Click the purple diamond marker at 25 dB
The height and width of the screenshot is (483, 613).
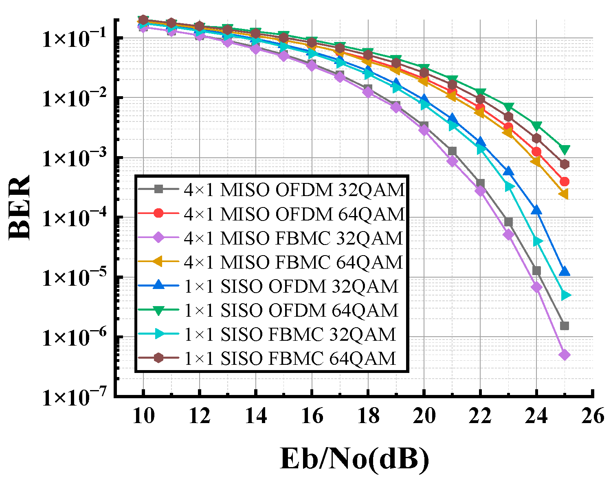[x=564, y=355]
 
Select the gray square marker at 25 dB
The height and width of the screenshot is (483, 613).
[x=564, y=326]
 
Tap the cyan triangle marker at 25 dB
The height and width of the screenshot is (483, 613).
[x=565, y=295]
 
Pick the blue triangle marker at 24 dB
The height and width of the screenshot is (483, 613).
[x=536, y=210]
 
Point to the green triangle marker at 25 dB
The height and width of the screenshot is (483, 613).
[x=564, y=150]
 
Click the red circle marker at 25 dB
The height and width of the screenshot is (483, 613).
[x=564, y=181]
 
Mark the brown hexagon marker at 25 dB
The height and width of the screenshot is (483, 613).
[x=564, y=164]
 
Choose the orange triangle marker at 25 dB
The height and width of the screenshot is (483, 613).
[x=563, y=194]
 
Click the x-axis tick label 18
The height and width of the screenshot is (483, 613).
[x=368, y=416]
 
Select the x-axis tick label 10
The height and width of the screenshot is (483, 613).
[x=143, y=416]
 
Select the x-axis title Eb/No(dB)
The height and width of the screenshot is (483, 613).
[x=354, y=460]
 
